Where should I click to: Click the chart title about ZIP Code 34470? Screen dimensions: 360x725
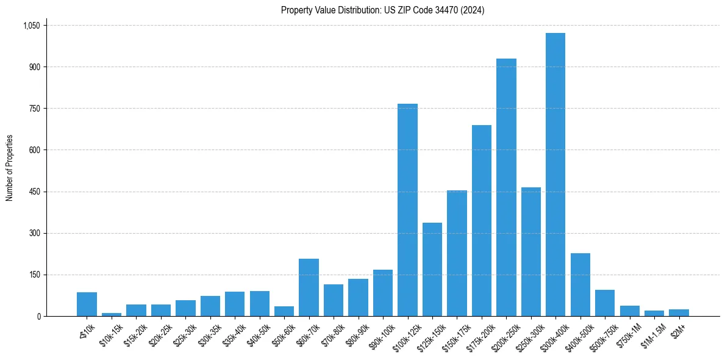click(382, 10)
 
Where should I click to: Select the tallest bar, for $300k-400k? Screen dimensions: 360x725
click(555, 175)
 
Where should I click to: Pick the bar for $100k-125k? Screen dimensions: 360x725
click(407, 210)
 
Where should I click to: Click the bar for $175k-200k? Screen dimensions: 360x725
click(482, 220)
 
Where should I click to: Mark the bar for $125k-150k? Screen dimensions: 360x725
click(432, 269)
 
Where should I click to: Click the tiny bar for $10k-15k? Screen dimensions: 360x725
click(112, 314)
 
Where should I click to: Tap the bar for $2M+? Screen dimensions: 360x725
click(679, 312)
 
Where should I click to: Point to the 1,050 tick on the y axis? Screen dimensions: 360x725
click(31, 26)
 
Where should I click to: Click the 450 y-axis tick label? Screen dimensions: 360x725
click(34, 192)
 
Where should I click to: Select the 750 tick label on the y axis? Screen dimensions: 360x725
click(34, 109)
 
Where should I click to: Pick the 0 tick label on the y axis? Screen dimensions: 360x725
click(38, 316)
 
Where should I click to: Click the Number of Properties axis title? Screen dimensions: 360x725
click(10, 167)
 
